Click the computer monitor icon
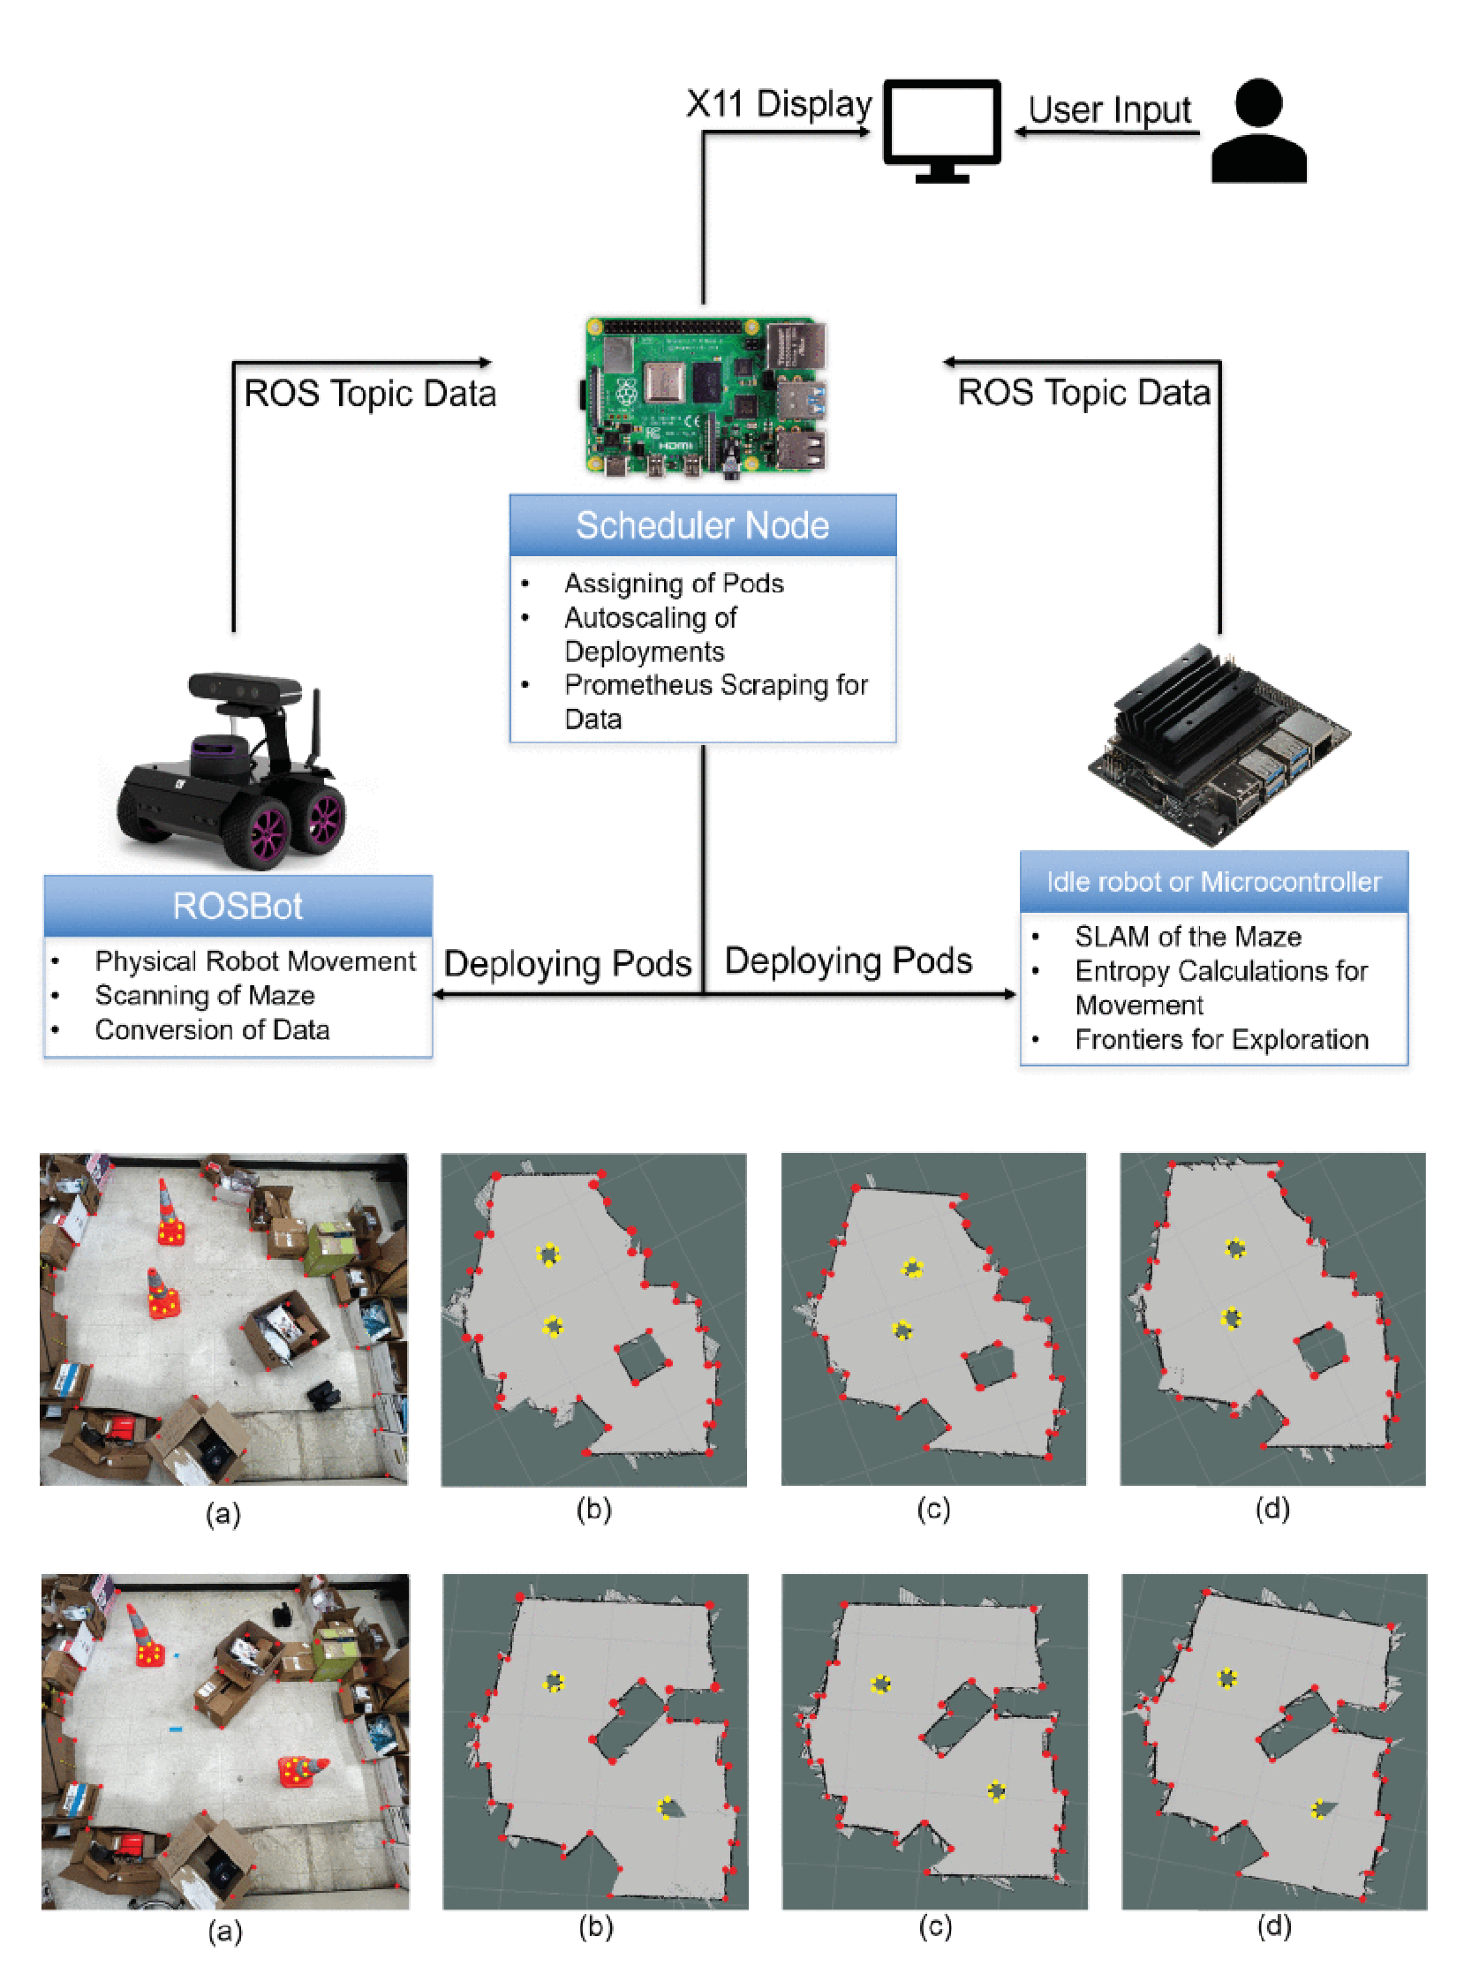click(x=941, y=129)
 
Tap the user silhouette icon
click(x=1258, y=132)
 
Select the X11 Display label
click(x=779, y=103)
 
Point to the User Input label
click(x=1110, y=110)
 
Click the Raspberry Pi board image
click(x=706, y=396)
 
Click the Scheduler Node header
click(x=703, y=525)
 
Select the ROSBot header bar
click(x=238, y=906)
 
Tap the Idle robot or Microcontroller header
click(x=1213, y=882)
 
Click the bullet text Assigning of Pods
click(x=674, y=583)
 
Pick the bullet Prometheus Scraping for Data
click(x=715, y=701)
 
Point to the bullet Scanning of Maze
click(x=205, y=995)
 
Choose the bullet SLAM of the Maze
click(x=1188, y=937)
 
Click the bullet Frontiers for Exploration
click(x=1221, y=1039)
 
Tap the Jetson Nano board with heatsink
click(x=1219, y=744)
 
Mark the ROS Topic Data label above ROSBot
click(x=370, y=394)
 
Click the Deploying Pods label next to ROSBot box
click(x=567, y=963)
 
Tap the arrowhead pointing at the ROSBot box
click(x=439, y=994)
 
